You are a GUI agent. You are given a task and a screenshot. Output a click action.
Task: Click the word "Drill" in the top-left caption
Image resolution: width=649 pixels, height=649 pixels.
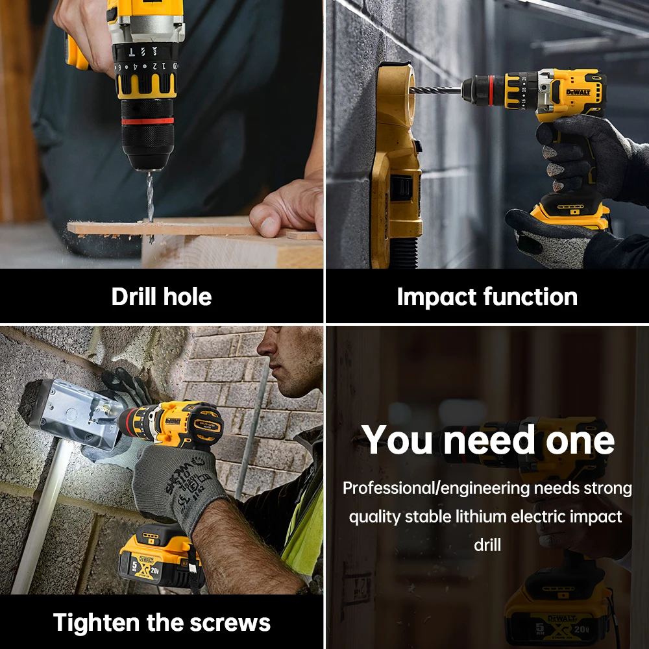click(x=135, y=297)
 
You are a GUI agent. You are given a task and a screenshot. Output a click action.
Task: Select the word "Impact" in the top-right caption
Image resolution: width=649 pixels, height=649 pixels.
click(x=437, y=297)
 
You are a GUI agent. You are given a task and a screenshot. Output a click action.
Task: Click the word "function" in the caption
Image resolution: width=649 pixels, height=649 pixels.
click(x=530, y=297)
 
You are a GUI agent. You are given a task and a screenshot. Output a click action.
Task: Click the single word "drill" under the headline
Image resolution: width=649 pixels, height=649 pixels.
click(x=487, y=545)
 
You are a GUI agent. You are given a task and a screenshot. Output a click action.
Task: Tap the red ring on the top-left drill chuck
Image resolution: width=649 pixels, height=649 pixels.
click(x=147, y=121)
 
